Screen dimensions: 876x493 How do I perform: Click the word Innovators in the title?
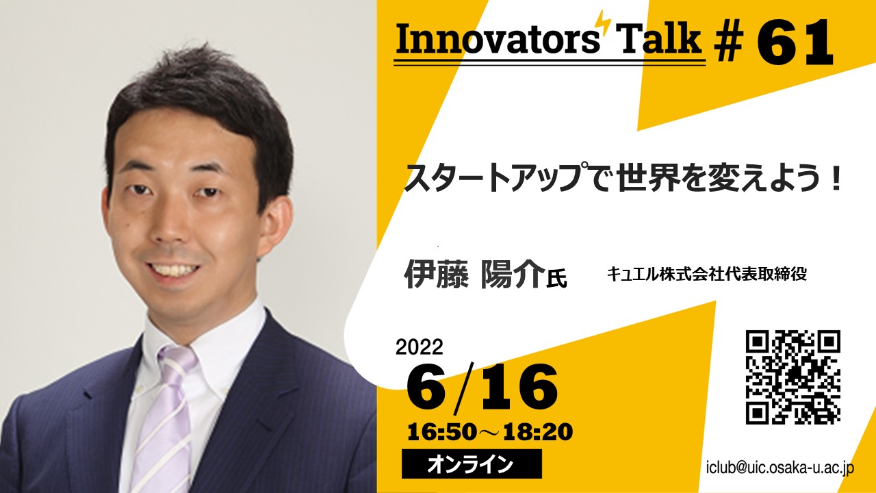pyautogui.click(x=498, y=39)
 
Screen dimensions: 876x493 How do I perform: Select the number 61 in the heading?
pyautogui.click(x=794, y=42)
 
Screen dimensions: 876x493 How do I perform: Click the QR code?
pyautogui.click(x=793, y=377)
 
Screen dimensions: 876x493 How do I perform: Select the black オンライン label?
pyautogui.click(x=472, y=464)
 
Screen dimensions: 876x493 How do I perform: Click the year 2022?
pyautogui.click(x=420, y=346)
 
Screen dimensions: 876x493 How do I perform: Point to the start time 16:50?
pyautogui.click(x=442, y=432)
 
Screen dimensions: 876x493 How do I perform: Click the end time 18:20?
pyautogui.click(x=538, y=432)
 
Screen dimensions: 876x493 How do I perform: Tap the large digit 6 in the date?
pyautogui.click(x=426, y=388)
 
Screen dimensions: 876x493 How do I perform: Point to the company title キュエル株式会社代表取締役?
pyautogui.click(x=706, y=275)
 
